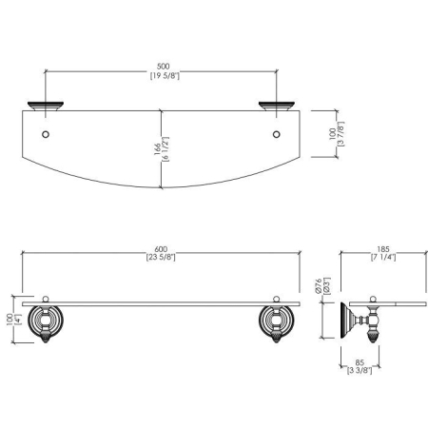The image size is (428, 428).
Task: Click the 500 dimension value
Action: (164, 67)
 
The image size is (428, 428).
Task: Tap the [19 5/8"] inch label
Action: (165, 76)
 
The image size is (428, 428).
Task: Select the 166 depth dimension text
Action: (158, 149)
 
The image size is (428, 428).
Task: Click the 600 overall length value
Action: (161, 249)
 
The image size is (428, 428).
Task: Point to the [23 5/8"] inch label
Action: (161, 257)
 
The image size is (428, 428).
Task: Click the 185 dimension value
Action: (383, 249)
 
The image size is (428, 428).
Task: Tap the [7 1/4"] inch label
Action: (383, 257)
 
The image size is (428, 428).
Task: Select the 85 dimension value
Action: (360, 362)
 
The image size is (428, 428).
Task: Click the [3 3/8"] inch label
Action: (360, 370)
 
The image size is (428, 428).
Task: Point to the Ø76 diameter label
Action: (319, 285)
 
